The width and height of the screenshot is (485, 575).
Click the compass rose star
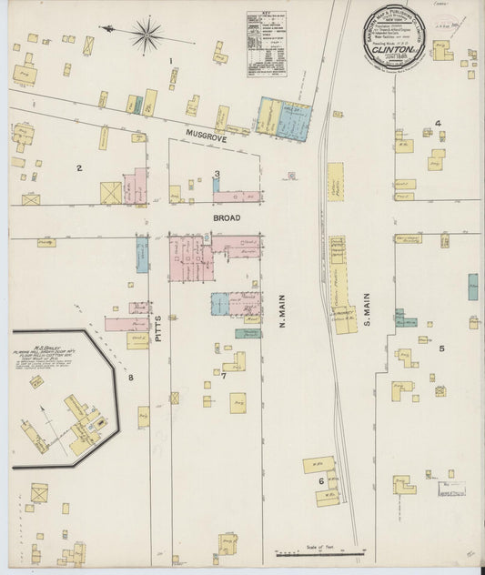pyautogui.click(x=146, y=35)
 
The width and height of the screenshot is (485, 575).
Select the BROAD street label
pyautogui.click(x=227, y=218)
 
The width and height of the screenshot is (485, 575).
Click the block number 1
pyautogui.click(x=171, y=61)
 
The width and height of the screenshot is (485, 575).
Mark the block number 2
pyautogui.click(x=79, y=167)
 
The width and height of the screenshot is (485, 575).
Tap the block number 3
pyautogui.click(x=217, y=174)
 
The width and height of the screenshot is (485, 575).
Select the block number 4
pyautogui.click(x=438, y=123)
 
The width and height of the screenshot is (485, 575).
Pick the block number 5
pyautogui.click(x=442, y=348)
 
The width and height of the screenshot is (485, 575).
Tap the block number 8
pyautogui.click(x=130, y=377)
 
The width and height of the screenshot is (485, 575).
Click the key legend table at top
pyautogui.click(x=267, y=43)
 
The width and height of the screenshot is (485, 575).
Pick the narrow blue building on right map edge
pyautogui.click(x=472, y=287)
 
